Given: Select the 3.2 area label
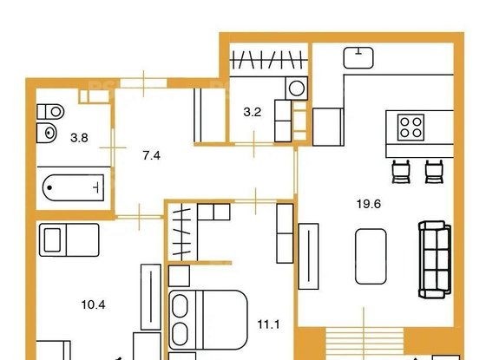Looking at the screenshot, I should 252,110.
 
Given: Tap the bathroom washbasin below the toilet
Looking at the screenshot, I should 46,132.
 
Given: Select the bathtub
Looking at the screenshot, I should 75,185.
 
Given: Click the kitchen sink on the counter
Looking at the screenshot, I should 358,57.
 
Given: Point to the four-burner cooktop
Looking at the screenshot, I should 410,128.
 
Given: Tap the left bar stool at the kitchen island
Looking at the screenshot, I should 400,171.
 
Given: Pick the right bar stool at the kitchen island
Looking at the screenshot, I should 433,171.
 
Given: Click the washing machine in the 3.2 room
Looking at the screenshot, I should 296,88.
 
